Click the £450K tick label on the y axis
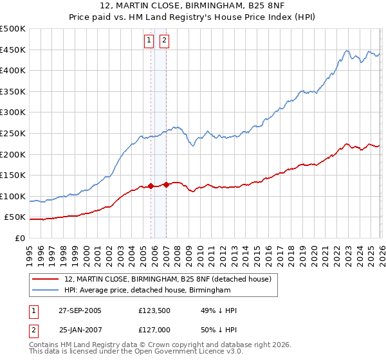[x=14, y=50]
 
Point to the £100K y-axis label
[x=14, y=196]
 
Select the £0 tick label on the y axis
[x=19, y=238]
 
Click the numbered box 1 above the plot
[x=149, y=40]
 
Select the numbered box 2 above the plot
[x=164, y=40]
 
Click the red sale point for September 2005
[x=151, y=186]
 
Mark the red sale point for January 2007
[x=166, y=184]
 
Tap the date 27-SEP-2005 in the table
[x=80, y=310]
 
